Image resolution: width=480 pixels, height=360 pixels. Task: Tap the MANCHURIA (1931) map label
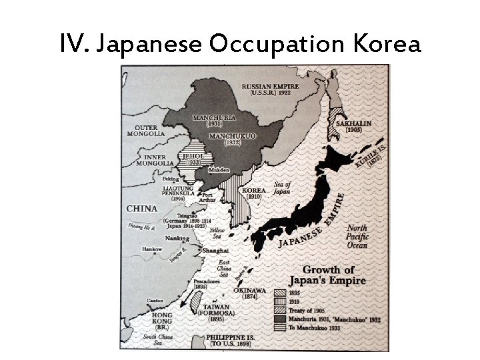(x=214, y=120)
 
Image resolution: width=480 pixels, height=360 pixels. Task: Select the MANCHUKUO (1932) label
(x=230, y=139)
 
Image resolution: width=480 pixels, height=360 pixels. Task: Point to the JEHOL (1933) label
(x=193, y=159)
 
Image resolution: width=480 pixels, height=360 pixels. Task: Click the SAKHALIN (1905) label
(x=353, y=127)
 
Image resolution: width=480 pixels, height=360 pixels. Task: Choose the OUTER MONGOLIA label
(x=150, y=130)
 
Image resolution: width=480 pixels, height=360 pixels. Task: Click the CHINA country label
(x=142, y=209)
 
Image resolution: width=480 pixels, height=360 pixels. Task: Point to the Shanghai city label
(x=216, y=250)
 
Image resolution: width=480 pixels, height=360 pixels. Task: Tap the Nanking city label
(x=177, y=238)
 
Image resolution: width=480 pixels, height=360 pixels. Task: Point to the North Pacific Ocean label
(x=357, y=237)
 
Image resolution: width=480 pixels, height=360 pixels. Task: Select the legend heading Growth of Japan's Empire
(x=335, y=275)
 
